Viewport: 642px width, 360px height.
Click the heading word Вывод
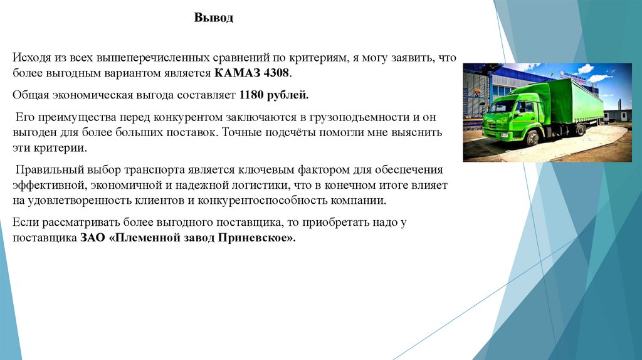pyautogui.click(x=213, y=18)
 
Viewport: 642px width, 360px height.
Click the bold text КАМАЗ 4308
pyautogui.click(x=252, y=73)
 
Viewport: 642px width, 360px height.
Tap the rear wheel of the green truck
pyautogui.click(x=581, y=129)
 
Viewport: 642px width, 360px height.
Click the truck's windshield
pyautogui.click(x=502, y=106)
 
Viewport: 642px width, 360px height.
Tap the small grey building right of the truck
pyautogui.click(x=618, y=116)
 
